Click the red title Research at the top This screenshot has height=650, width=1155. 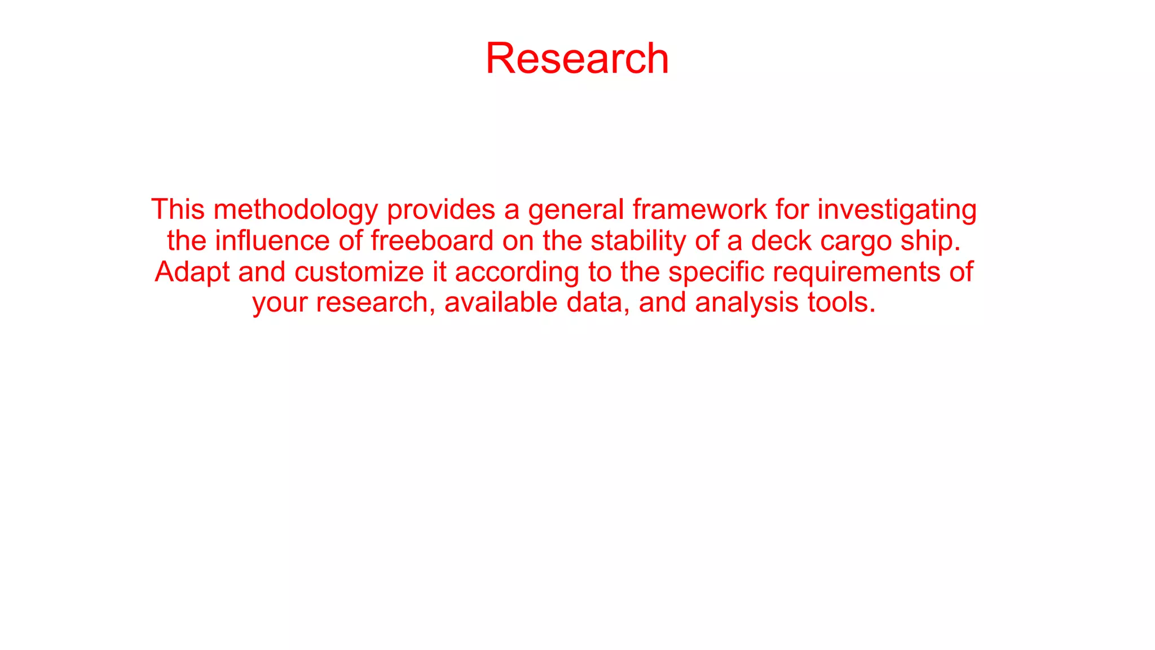(577, 58)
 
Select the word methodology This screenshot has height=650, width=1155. (296, 210)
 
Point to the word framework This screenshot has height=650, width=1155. (699, 209)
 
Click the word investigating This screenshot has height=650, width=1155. (897, 210)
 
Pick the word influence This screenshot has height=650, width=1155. (272, 241)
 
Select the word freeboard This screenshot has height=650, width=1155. (432, 241)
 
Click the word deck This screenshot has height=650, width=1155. (781, 241)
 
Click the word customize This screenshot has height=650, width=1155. (359, 272)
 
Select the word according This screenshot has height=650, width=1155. (517, 273)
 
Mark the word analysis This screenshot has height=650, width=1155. (747, 303)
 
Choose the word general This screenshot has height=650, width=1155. (576, 210)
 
